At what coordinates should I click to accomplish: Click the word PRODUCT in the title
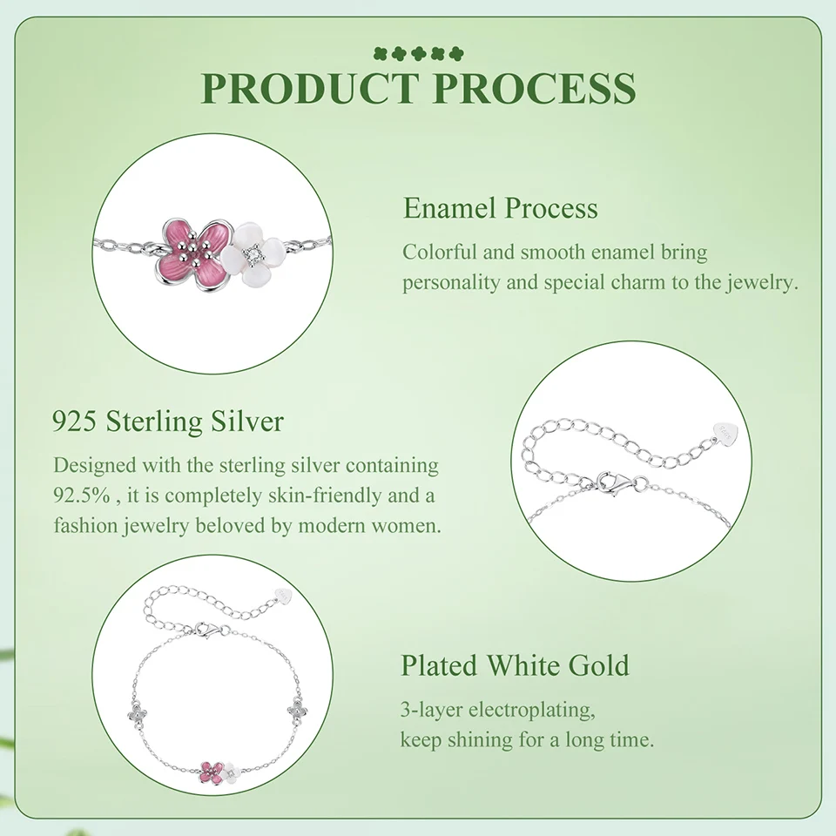(x=307, y=87)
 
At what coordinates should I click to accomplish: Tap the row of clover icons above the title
(x=419, y=53)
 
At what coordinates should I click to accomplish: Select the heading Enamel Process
(x=500, y=208)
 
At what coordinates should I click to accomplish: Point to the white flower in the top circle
(x=252, y=255)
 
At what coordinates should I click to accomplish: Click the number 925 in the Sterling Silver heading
(x=74, y=421)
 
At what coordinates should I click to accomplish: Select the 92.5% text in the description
(x=81, y=496)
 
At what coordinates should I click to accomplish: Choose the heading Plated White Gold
(x=515, y=665)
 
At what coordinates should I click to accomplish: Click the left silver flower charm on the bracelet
(x=138, y=713)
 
